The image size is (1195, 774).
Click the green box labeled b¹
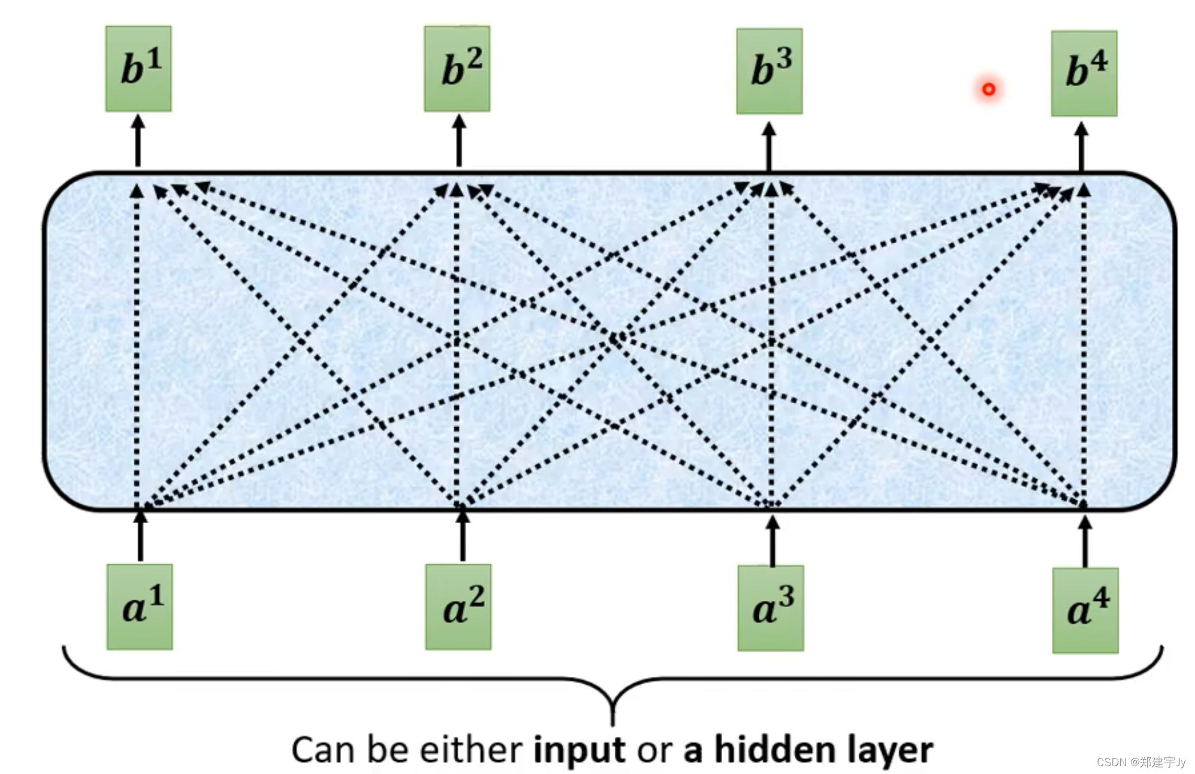coord(138,68)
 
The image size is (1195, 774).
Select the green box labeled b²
coord(457,68)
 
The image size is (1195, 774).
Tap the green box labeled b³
coord(769,71)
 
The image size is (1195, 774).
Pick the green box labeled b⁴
coord(1084,73)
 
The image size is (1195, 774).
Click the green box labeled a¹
coord(140,607)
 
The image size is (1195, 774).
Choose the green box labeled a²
coord(458,607)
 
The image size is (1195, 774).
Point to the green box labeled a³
coord(771,608)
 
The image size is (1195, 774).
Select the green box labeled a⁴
coord(1085,610)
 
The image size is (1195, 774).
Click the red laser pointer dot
coord(989,89)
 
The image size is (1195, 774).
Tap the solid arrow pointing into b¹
coord(138,141)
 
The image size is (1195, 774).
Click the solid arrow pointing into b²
coord(459,141)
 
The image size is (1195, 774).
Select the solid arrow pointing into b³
coord(769,147)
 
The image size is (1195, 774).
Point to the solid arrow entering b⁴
coord(1081,147)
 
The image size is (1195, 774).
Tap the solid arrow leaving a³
coord(772,541)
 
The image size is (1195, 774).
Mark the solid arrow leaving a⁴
coord(1085,542)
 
